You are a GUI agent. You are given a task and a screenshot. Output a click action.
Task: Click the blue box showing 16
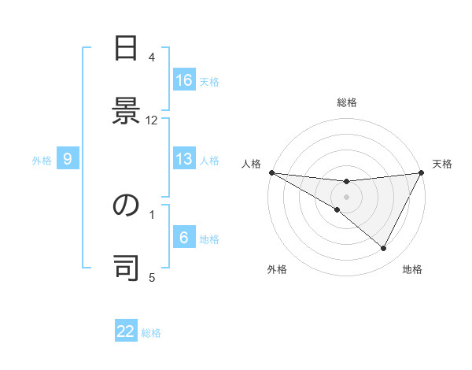tap(184, 80)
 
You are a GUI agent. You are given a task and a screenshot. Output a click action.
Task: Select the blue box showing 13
tap(184, 159)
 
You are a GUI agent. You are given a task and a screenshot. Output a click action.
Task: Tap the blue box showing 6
tap(184, 238)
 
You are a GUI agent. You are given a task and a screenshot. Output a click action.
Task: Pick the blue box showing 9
tap(68, 159)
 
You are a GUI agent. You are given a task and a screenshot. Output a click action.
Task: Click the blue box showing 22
tap(127, 331)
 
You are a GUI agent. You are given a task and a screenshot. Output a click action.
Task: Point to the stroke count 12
tap(152, 120)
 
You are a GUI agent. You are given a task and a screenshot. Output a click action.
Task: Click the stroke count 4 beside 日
tap(152, 57)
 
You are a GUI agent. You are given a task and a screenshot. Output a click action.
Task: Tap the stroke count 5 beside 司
tap(152, 277)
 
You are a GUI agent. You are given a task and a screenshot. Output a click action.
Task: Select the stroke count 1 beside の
tap(152, 214)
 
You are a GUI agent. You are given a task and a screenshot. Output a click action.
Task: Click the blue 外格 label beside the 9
tap(42, 160)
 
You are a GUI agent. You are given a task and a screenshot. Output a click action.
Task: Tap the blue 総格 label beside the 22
tap(151, 332)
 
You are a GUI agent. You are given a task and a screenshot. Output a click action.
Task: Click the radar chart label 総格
tap(346, 102)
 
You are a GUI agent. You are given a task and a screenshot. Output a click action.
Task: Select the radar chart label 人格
tap(251, 163)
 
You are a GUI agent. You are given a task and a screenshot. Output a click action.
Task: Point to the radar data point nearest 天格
tap(422, 172)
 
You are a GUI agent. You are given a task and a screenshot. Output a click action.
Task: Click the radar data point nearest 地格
tap(384, 249)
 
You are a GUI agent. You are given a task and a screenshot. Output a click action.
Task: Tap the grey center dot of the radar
tap(346, 197)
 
